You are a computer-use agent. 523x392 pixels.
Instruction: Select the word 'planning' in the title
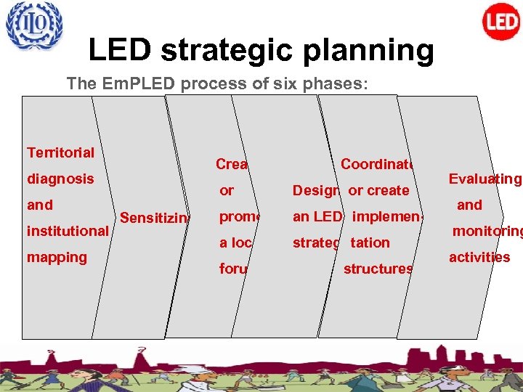[372, 51]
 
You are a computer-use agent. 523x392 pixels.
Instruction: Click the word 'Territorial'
[60, 152]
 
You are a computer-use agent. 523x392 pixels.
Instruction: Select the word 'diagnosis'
[60, 179]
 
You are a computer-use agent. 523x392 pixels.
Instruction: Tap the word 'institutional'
[68, 231]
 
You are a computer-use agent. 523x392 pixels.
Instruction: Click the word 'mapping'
[57, 257]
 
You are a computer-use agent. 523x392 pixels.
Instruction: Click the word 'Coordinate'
[377, 164]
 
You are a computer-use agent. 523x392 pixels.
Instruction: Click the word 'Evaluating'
[485, 179]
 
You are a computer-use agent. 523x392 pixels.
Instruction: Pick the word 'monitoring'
[487, 232]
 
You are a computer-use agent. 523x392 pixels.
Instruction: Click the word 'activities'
[479, 258]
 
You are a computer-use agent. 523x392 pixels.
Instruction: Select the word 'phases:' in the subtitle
[342, 83]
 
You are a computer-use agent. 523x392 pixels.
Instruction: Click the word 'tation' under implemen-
[370, 242]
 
